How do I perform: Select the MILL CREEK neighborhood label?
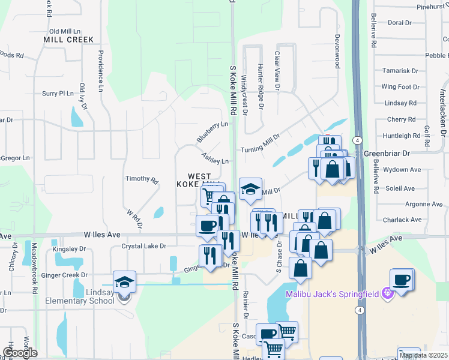(x=68, y=40)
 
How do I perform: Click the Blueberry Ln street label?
(x=212, y=132)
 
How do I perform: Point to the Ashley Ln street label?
(x=215, y=158)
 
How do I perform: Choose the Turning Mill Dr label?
(x=260, y=145)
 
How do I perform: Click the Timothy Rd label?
(x=141, y=179)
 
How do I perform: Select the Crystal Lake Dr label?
(x=143, y=246)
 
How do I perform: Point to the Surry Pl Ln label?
(x=58, y=94)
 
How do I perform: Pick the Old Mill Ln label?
(x=65, y=31)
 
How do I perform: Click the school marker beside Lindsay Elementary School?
(x=124, y=282)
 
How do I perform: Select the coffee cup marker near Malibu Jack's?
(x=401, y=280)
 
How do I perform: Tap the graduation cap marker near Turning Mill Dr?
(x=250, y=189)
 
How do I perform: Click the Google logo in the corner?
(x=20, y=353)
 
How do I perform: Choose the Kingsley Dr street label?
(x=69, y=248)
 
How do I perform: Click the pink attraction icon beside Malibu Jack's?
(x=388, y=293)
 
